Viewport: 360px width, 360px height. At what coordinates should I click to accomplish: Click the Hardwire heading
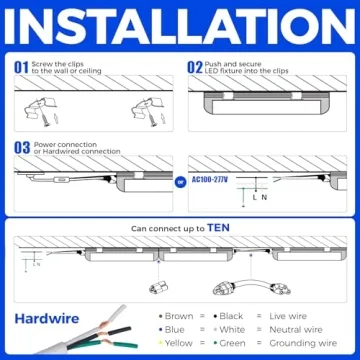(x=47, y=320)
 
